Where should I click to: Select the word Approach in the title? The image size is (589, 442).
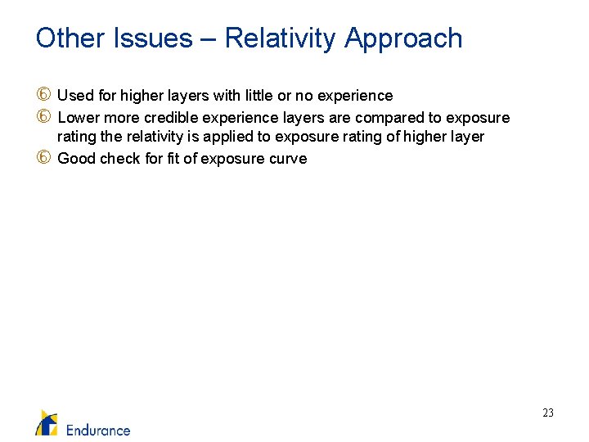click(403, 38)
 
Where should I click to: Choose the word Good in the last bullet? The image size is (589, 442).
click(77, 158)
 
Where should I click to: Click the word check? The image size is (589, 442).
click(121, 158)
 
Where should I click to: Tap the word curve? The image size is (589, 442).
click(289, 158)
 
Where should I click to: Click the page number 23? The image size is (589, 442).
click(548, 413)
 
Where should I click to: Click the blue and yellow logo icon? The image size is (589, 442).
click(47, 422)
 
